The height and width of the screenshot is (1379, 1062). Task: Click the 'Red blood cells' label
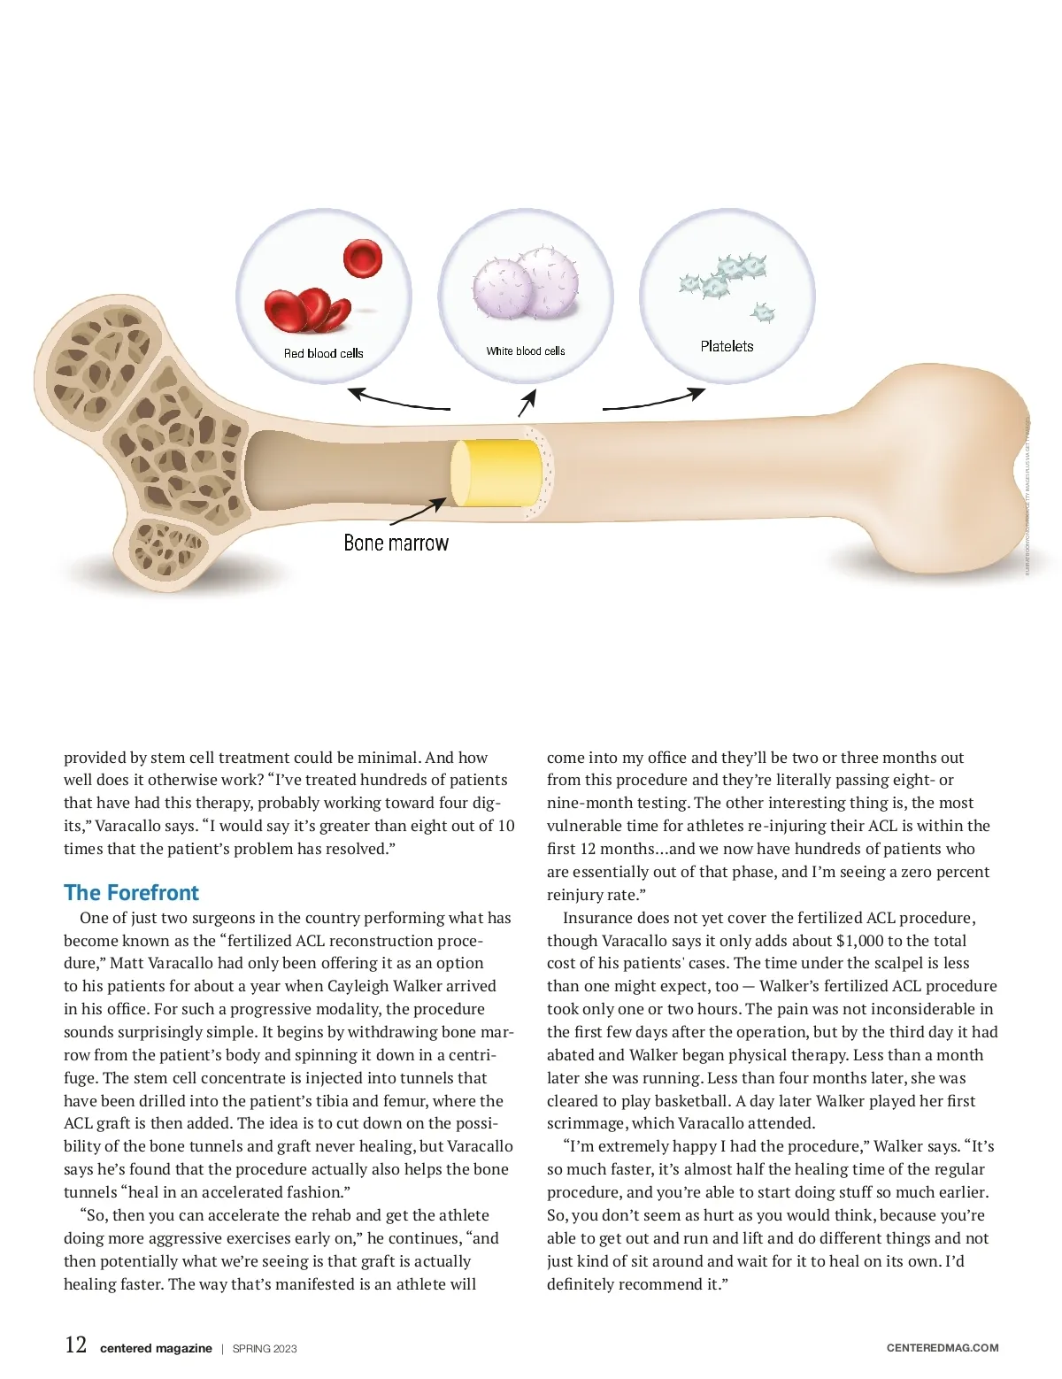pos(323,353)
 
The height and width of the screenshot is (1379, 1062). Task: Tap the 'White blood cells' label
pos(525,351)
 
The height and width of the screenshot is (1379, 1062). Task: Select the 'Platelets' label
pos(727,346)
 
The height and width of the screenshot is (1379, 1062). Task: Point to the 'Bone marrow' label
pos(396,543)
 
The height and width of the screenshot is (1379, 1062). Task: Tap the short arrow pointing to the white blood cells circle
pos(527,404)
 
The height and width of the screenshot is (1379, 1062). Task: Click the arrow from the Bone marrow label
pos(418,513)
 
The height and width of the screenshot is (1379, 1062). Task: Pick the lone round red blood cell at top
pos(362,258)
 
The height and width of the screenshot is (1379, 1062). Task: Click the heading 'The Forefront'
pos(131,892)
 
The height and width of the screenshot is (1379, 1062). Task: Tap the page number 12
pos(76,1345)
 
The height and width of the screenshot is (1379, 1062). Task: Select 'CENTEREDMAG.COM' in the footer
pos(942,1348)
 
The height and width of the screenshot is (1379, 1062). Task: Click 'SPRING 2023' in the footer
pos(265,1349)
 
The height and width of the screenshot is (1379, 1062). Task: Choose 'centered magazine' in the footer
pos(156,1349)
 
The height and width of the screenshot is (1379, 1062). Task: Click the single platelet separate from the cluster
pos(762,312)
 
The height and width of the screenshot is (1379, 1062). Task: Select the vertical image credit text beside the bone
pos(1027,496)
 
